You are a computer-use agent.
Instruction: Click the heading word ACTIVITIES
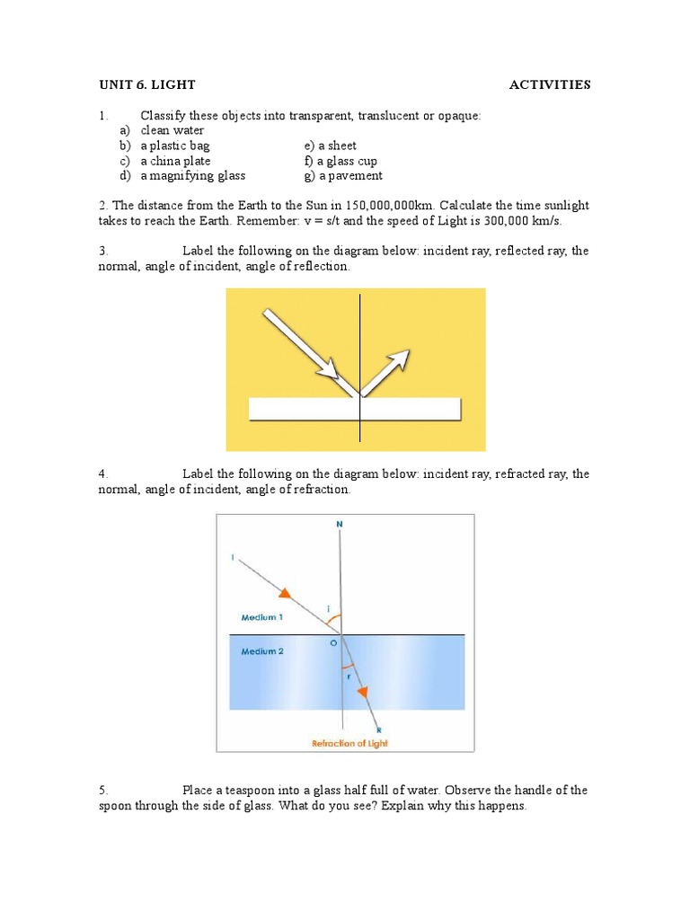(x=549, y=85)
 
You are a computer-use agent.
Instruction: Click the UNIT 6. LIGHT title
(x=146, y=85)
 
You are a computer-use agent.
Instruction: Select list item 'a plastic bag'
(x=174, y=146)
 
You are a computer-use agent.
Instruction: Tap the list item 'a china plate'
(x=175, y=161)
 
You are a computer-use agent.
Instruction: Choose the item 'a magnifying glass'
(x=192, y=176)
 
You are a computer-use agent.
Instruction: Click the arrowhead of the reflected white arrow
(x=400, y=359)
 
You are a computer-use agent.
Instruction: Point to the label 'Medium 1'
(x=262, y=617)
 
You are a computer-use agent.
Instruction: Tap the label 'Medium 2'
(x=262, y=651)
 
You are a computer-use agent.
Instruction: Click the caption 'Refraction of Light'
(x=350, y=743)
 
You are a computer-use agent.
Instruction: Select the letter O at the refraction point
(x=333, y=643)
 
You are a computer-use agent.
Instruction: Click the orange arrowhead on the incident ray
(x=285, y=593)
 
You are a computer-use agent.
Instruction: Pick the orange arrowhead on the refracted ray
(x=363, y=691)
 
